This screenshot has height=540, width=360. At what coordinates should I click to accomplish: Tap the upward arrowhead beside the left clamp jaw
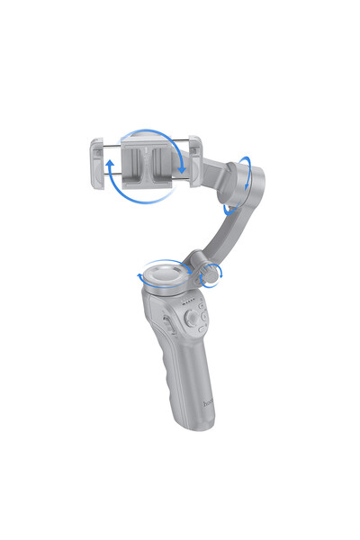[109, 165]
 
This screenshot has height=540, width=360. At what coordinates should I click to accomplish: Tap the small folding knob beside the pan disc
[212, 274]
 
